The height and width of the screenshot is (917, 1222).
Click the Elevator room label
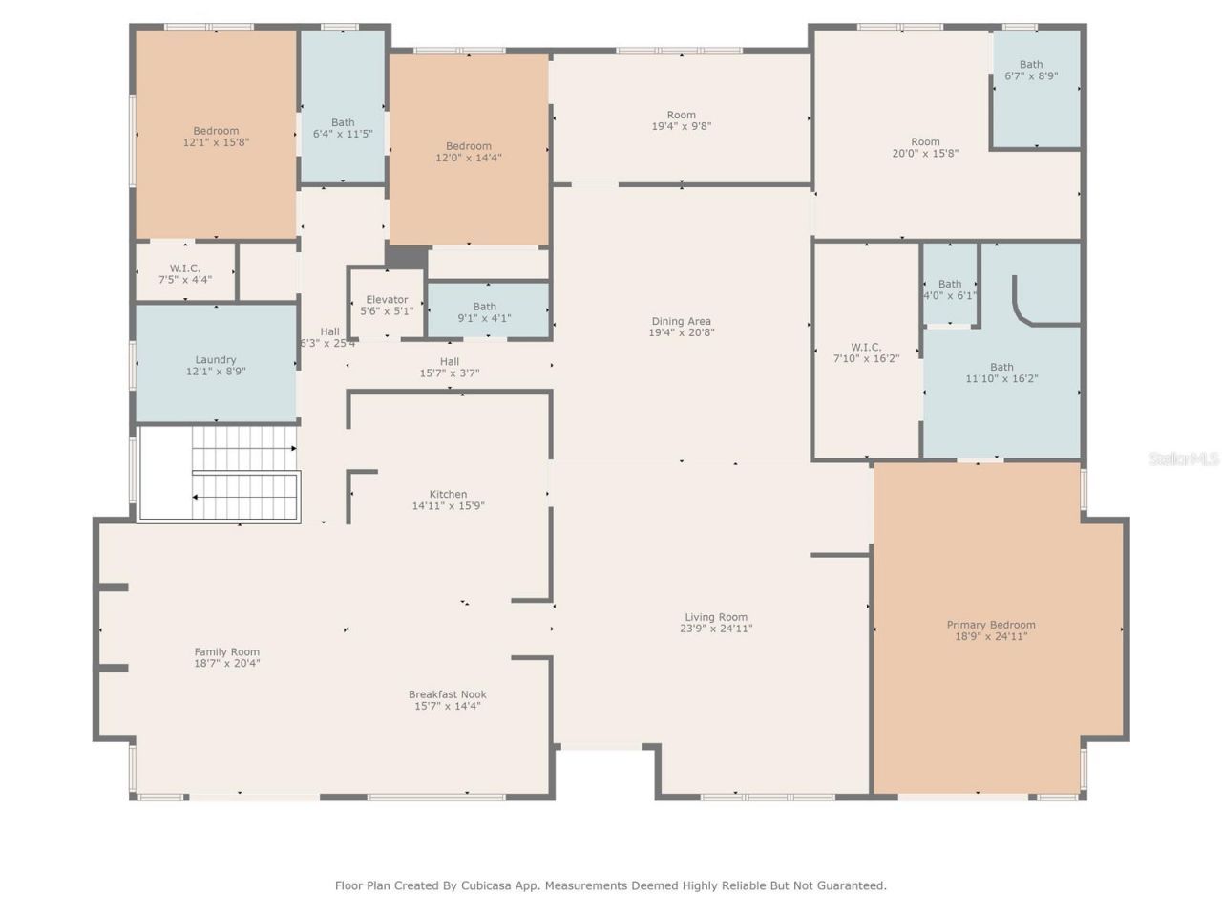point(387,300)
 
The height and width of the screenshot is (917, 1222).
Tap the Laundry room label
point(216,360)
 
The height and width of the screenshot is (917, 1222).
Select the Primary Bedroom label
point(991,625)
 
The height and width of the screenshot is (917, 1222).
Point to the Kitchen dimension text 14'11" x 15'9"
point(448,506)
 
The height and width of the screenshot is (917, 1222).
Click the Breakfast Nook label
point(447,694)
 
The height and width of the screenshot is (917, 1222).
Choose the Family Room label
point(226,652)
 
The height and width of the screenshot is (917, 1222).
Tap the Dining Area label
point(681,322)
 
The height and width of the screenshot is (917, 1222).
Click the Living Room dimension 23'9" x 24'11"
point(716,629)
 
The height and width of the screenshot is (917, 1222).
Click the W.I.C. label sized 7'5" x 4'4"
point(184,268)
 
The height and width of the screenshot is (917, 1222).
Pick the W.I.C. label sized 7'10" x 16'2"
point(866,348)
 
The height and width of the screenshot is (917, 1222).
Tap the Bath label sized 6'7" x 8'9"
point(1031,65)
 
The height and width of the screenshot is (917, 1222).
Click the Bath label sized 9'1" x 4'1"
point(484,308)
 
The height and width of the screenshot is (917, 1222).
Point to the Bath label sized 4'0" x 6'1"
point(950,284)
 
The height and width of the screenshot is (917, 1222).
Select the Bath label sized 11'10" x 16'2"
point(1001,367)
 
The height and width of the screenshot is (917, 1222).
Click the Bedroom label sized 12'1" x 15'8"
point(216,131)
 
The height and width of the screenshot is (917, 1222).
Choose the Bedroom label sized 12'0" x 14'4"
point(468,146)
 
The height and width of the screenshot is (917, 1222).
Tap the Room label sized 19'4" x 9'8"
point(681,115)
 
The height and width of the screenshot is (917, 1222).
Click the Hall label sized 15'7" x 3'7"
point(449,362)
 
